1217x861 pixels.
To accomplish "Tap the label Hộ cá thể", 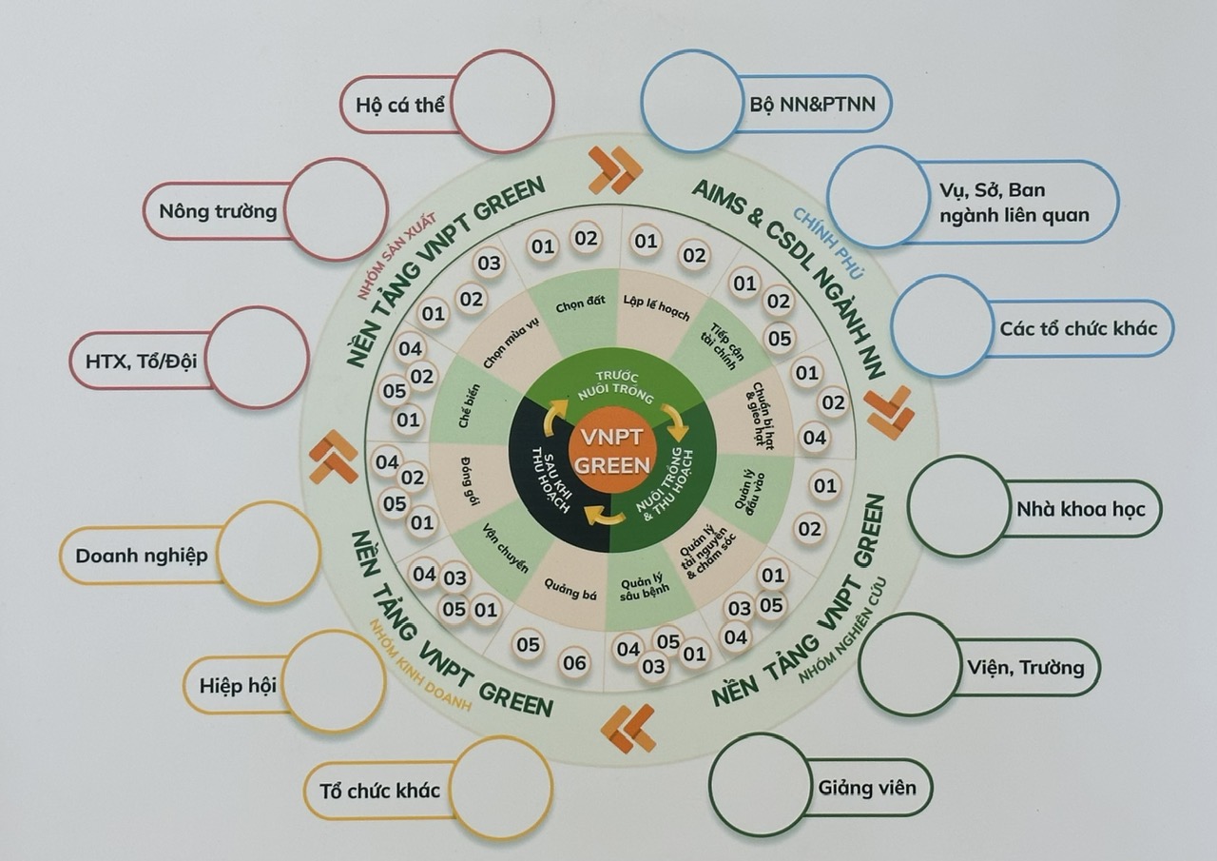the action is pyautogui.click(x=400, y=105).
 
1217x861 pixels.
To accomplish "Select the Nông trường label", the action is pyautogui.click(x=218, y=211).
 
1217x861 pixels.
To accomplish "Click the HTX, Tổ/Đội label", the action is pyautogui.click(x=142, y=361).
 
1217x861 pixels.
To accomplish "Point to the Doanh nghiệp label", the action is pyautogui.click(x=142, y=556).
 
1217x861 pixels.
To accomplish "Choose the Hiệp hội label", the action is pyautogui.click(x=238, y=685).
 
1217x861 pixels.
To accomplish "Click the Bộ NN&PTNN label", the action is pyautogui.click(x=812, y=105).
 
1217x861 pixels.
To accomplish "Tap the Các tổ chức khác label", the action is pyautogui.click(x=1078, y=328).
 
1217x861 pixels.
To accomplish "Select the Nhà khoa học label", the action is pyautogui.click(x=1081, y=509).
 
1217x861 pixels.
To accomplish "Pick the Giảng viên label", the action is pyautogui.click(x=867, y=788).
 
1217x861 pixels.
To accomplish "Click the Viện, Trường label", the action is pyautogui.click(x=1025, y=668).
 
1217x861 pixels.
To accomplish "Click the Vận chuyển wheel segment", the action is pyautogui.click(x=497, y=549).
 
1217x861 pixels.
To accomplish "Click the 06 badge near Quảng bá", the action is pyautogui.click(x=574, y=662).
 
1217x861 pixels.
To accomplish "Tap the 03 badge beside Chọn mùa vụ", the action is pyautogui.click(x=489, y=264).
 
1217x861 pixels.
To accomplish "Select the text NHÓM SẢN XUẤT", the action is pyautogui.click(x=396, y=256).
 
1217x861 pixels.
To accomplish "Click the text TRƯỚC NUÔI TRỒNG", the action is pyautogui.click(x=615, y=387).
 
